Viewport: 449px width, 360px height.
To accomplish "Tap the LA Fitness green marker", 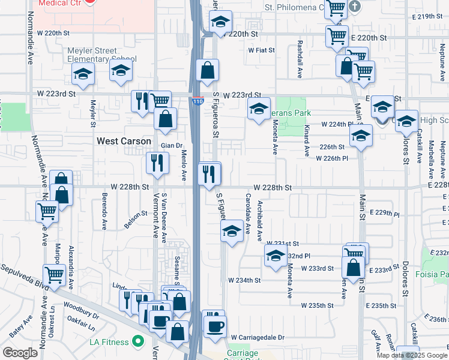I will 138,343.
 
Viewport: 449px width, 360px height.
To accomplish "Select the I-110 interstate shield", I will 198,101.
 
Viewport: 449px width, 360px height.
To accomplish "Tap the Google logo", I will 21,353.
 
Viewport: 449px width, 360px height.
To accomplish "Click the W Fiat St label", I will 261,50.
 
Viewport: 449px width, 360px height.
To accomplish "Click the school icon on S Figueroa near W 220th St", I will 220,22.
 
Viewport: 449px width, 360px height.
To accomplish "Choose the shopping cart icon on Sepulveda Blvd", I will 54,275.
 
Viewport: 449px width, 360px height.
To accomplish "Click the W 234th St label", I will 244,280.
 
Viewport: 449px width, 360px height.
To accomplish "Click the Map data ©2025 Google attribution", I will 412,355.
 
